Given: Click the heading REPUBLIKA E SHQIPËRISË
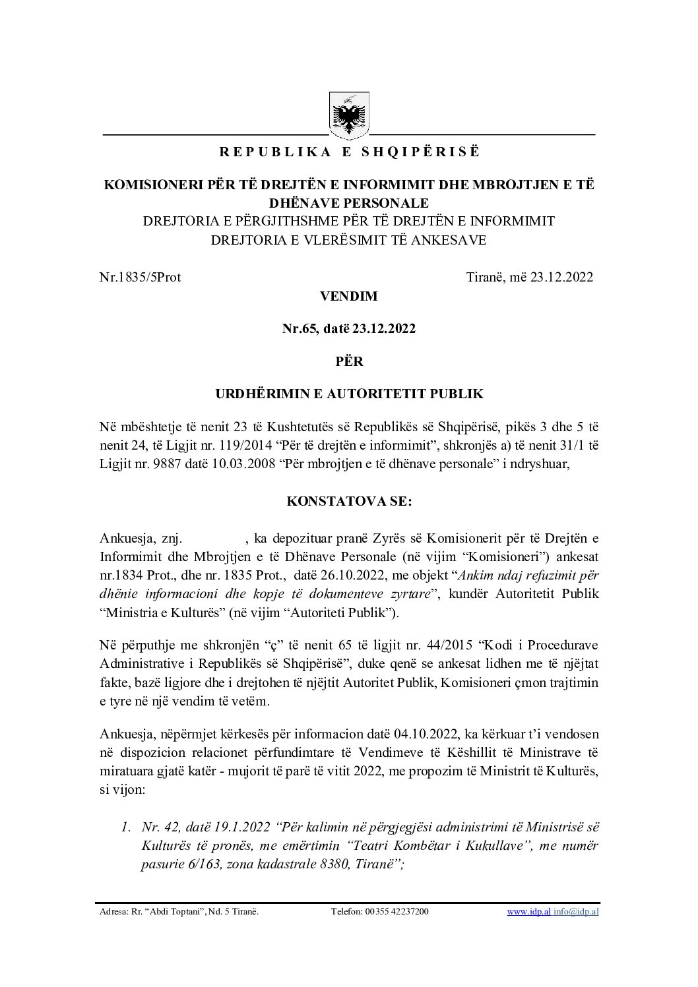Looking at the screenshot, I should (x=349, y=152).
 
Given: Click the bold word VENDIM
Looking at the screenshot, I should (x=349, y=297).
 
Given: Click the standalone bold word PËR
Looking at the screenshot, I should (x=349, y=361).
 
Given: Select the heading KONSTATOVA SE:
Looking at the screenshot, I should (x=349, y=501).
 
